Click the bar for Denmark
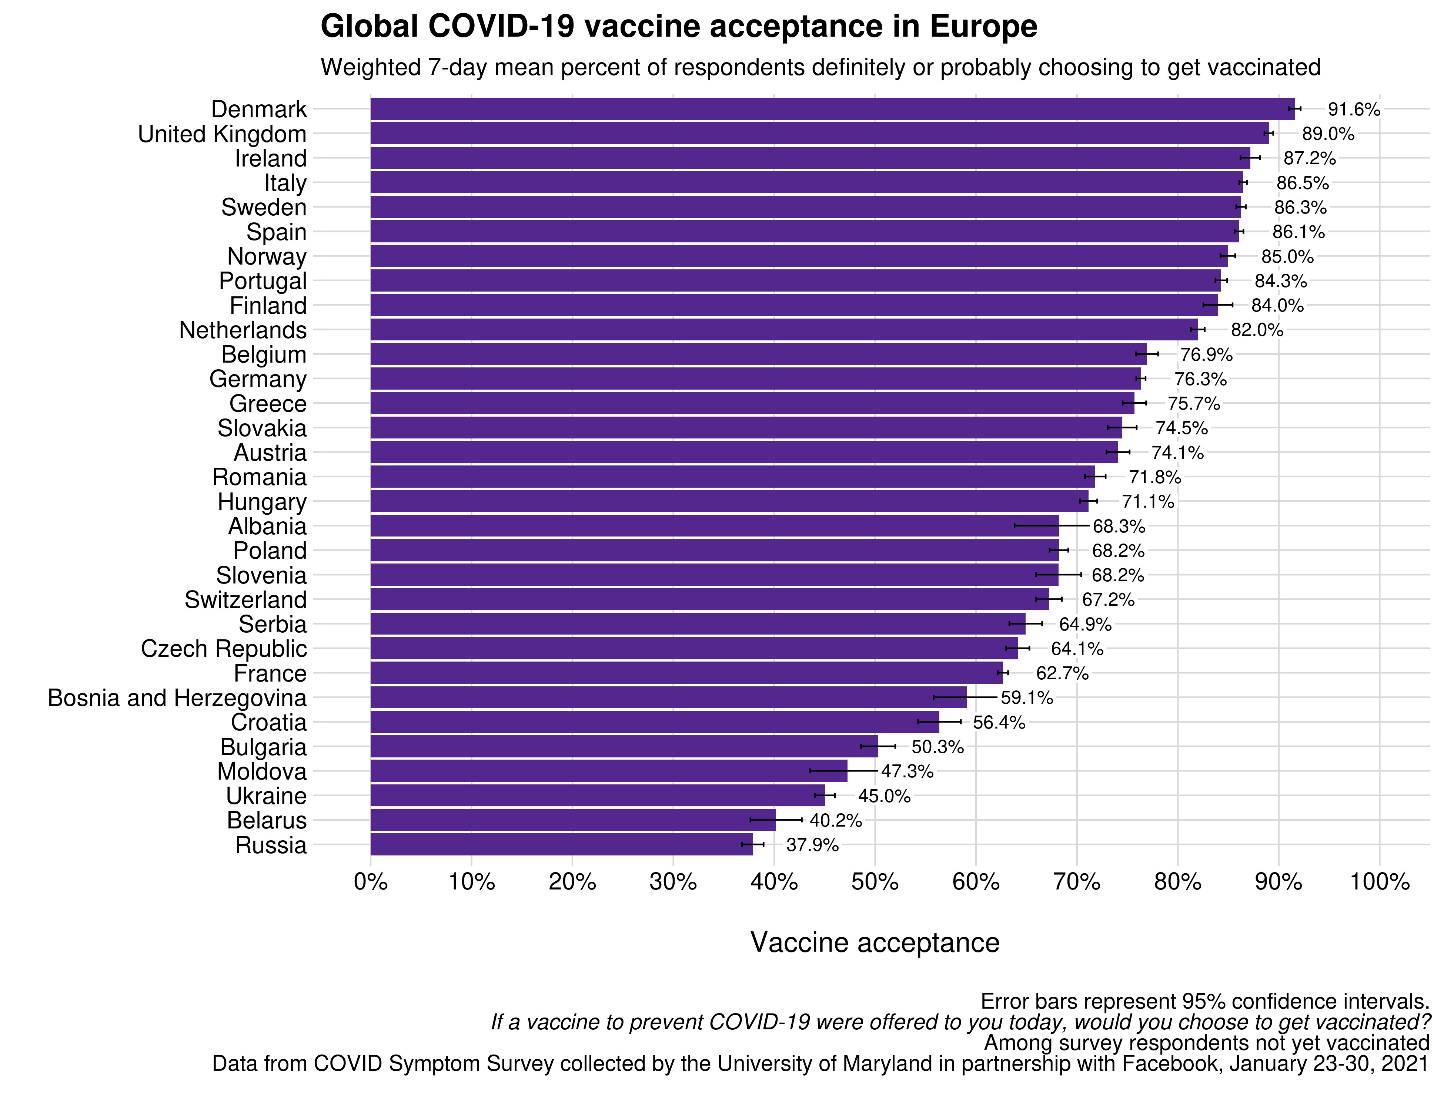[x=832, y=109]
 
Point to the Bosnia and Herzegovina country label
[x=177, y=698]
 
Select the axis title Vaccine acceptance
[x=874, y=942]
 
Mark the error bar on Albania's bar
[x=1051, y=526]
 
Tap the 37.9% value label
[x=812, y=845]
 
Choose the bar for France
[x=686, y=673]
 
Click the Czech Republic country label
[x=224, y=649]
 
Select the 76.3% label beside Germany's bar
[x=1200, y=379]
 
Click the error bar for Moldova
[x=843, y=771]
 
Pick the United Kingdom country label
[x=222, y=134]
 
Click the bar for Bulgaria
[x=624, y=747]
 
